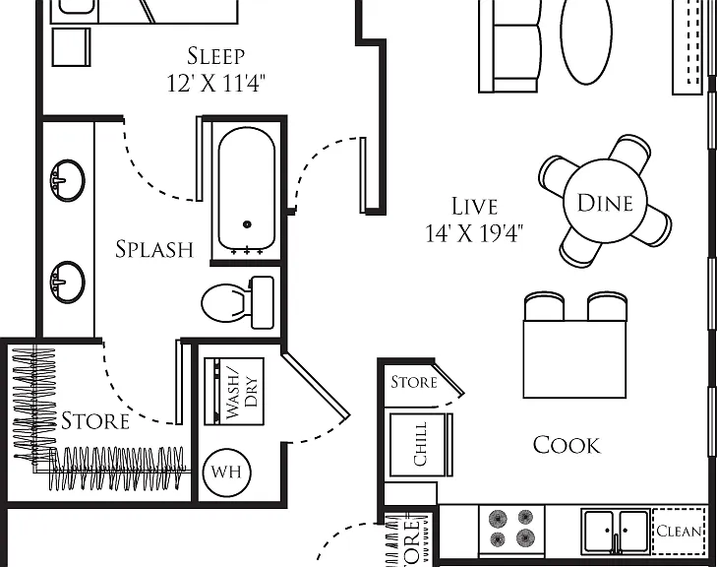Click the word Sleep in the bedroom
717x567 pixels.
(215, 56)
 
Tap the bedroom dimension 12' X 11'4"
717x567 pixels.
(215, 84)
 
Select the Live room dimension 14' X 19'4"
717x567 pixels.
(474, 233)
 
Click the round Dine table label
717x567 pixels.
(605, 203)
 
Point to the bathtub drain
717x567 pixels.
(247, 224)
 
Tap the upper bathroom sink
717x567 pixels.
(67, 180)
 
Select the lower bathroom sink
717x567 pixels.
(67, 282)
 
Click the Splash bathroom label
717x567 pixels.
(154, 249)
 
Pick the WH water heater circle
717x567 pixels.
(226, 472)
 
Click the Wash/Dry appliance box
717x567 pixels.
(234, 391)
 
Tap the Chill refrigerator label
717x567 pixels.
(420, 444)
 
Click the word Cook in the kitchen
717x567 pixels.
(567, 445)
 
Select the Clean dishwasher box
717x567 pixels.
(679, 531)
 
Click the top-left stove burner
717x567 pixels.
(499, 519)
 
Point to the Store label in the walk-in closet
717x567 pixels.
(95, 421)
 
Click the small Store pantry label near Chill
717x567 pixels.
(414, 382)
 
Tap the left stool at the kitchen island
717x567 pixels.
(544, 306)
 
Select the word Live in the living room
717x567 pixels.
(474, 206)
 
